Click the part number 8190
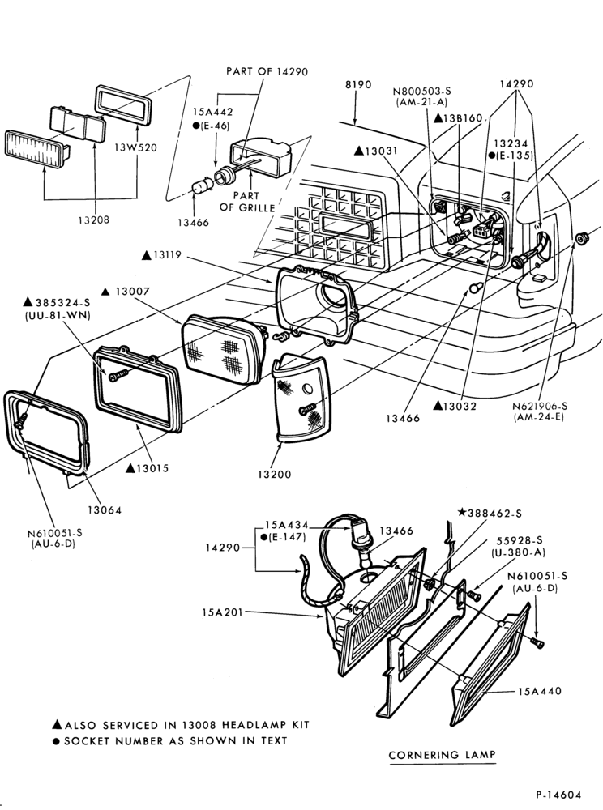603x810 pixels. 358,84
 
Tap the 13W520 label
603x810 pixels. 136,147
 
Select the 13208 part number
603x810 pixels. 93,220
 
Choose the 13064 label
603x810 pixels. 105,510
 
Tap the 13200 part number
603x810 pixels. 275,474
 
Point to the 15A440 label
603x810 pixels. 540,691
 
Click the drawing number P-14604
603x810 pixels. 558,795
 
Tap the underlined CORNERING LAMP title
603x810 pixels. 442,755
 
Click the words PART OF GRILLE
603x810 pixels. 246,202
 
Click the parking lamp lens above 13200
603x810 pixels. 301,398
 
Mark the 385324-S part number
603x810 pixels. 57,303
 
